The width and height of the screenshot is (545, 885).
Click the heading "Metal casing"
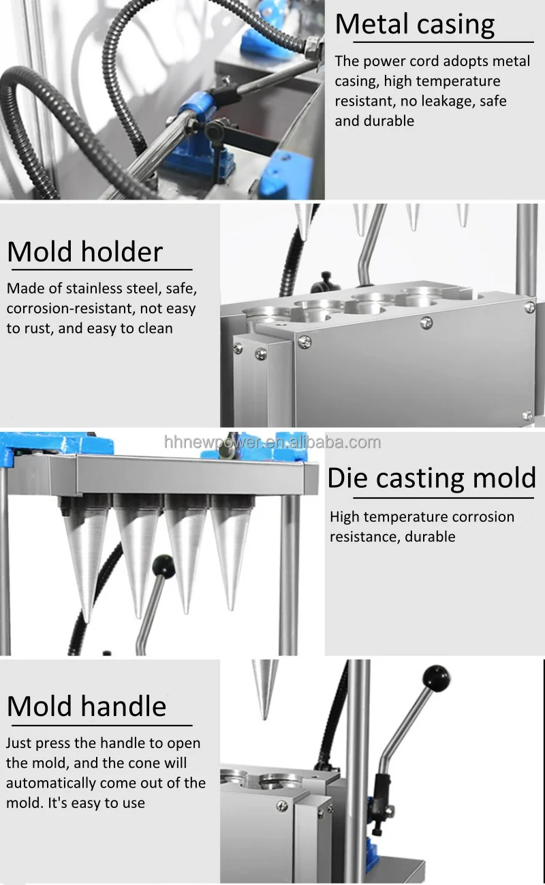click(x=414, y=25)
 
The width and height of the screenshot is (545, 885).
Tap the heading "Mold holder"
click(x=85, y=251)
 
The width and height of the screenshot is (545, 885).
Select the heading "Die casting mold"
click(x=432, y=478)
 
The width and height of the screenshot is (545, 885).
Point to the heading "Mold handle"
click(x=87, y=706)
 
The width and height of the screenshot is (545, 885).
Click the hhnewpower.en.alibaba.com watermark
click(x=272, y=442)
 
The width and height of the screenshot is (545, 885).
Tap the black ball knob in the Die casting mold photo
click(x=163, y=566)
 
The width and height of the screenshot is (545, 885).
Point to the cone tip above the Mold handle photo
click(x=264, y=717)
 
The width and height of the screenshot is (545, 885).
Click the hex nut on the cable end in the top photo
click(x=314, y=48)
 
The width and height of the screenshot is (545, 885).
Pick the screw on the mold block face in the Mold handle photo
click(x=281, y=806)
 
